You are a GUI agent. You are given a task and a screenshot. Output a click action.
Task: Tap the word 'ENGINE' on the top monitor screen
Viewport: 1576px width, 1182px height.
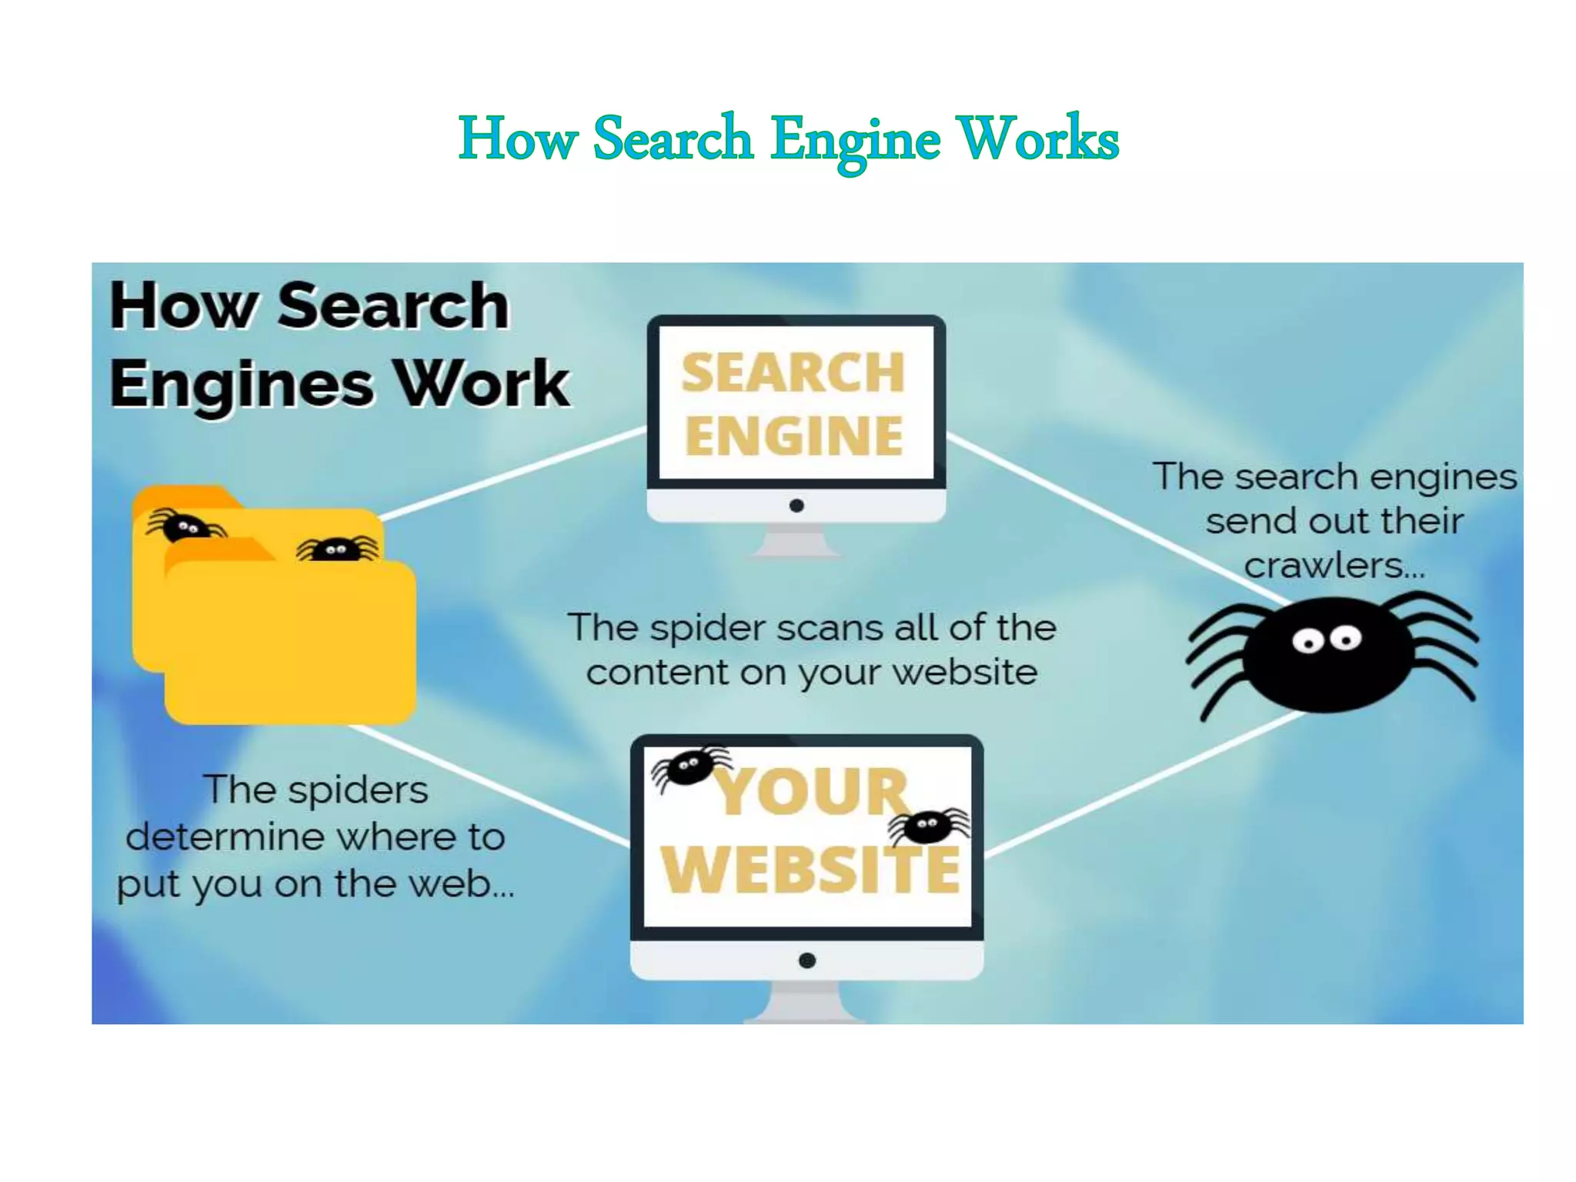(794, 436)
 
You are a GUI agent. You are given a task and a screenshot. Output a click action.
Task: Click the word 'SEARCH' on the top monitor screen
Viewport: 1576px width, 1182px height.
(793, 373)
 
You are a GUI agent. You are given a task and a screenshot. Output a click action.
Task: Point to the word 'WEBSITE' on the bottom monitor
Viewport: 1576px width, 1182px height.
(810, 870)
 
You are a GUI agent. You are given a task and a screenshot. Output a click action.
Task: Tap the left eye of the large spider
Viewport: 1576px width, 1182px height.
(1306, 640)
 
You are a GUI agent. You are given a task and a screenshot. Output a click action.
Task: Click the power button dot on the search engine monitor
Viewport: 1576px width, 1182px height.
(796, 506)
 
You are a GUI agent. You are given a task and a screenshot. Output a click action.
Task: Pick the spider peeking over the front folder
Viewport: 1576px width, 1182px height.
(337, 549)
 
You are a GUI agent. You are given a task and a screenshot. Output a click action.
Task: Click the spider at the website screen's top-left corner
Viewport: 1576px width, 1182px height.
(688, 766)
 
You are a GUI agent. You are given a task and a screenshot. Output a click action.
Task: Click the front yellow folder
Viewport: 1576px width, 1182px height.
(290, 643)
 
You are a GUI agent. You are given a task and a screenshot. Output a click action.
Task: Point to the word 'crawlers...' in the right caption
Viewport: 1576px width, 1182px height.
(1334, 566)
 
